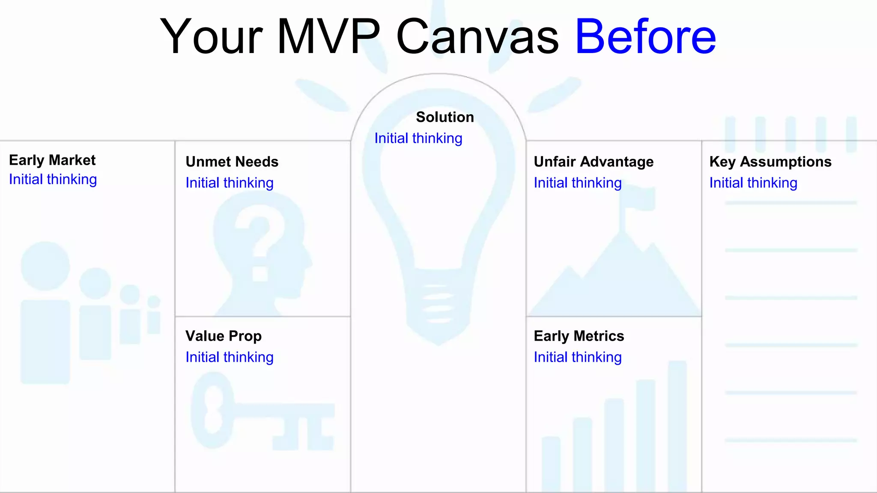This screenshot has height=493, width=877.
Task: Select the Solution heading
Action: [445, 117]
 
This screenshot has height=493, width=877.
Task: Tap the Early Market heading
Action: [52, 160]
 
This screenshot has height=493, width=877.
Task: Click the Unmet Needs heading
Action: [232, 162]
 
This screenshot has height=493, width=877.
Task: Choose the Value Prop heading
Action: [223, 336]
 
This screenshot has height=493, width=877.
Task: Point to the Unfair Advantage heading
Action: [594, 162]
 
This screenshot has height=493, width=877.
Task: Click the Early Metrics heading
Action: [579, 336]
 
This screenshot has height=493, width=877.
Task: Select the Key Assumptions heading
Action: [770, 162]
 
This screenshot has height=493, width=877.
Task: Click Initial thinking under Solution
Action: [418, 138]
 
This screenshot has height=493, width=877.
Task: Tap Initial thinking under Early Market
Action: [53, 179]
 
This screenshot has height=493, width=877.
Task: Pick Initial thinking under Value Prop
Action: [229, 357]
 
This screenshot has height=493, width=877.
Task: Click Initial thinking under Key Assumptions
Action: [753, 183]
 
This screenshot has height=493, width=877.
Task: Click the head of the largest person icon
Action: [45, 266]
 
